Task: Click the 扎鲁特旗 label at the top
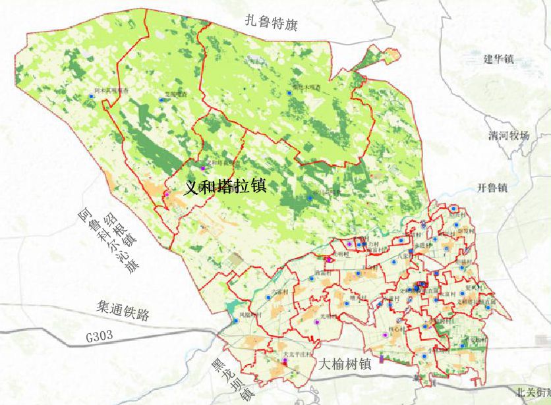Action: point(271,24)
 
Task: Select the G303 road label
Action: point(100,337)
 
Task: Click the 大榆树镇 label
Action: point(345,364)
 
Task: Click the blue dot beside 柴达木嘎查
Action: point(289,94)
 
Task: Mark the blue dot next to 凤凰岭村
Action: point(235,321)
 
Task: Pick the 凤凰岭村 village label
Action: point(250,315)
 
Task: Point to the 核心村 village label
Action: point(397,327)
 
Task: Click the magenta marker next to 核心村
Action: point(384,335)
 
